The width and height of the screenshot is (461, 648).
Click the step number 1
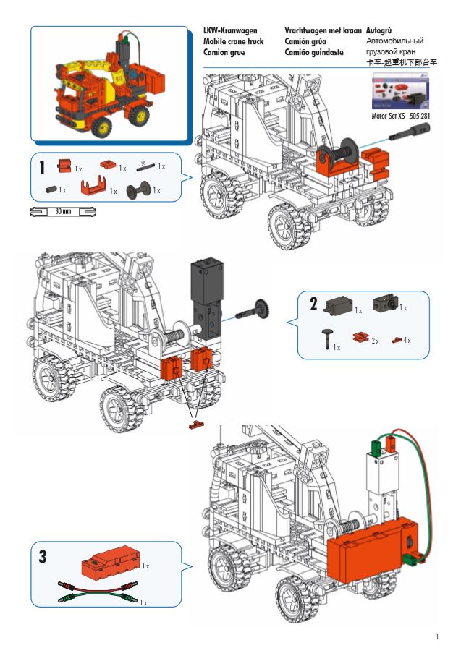pyautogui.click(x=43, y=168)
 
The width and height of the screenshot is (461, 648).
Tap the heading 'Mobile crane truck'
pyautogui.click(x=233, y=42)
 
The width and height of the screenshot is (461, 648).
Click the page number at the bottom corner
pyautogui.click(x=438, y=636)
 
